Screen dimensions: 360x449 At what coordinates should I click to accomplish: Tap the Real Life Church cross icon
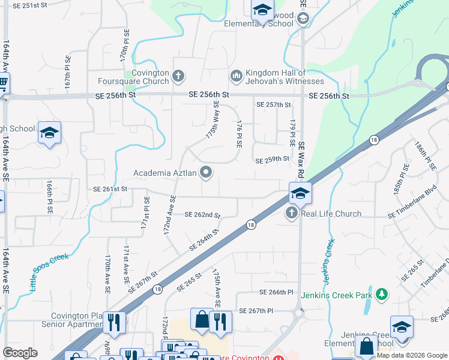click(x=292, y=214)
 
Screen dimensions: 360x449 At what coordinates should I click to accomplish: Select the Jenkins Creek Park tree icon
click(x=381, y=294)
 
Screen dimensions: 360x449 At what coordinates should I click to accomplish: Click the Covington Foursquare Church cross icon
click(x=178, y=76)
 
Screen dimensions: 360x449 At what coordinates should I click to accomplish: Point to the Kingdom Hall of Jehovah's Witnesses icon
click(x=235, y=76)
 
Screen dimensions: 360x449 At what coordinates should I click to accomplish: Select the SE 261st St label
click(x=110, y=188)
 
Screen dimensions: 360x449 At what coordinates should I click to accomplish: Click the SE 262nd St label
click(x=202, y=215)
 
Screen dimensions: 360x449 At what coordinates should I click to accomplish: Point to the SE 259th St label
click(x=273, y=161)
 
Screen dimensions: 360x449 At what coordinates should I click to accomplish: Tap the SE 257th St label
click(x=273, y=104)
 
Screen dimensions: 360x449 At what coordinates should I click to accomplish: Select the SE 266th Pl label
click(x=276, y=292)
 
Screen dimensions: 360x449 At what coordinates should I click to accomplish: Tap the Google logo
click(x=20, y=353)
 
